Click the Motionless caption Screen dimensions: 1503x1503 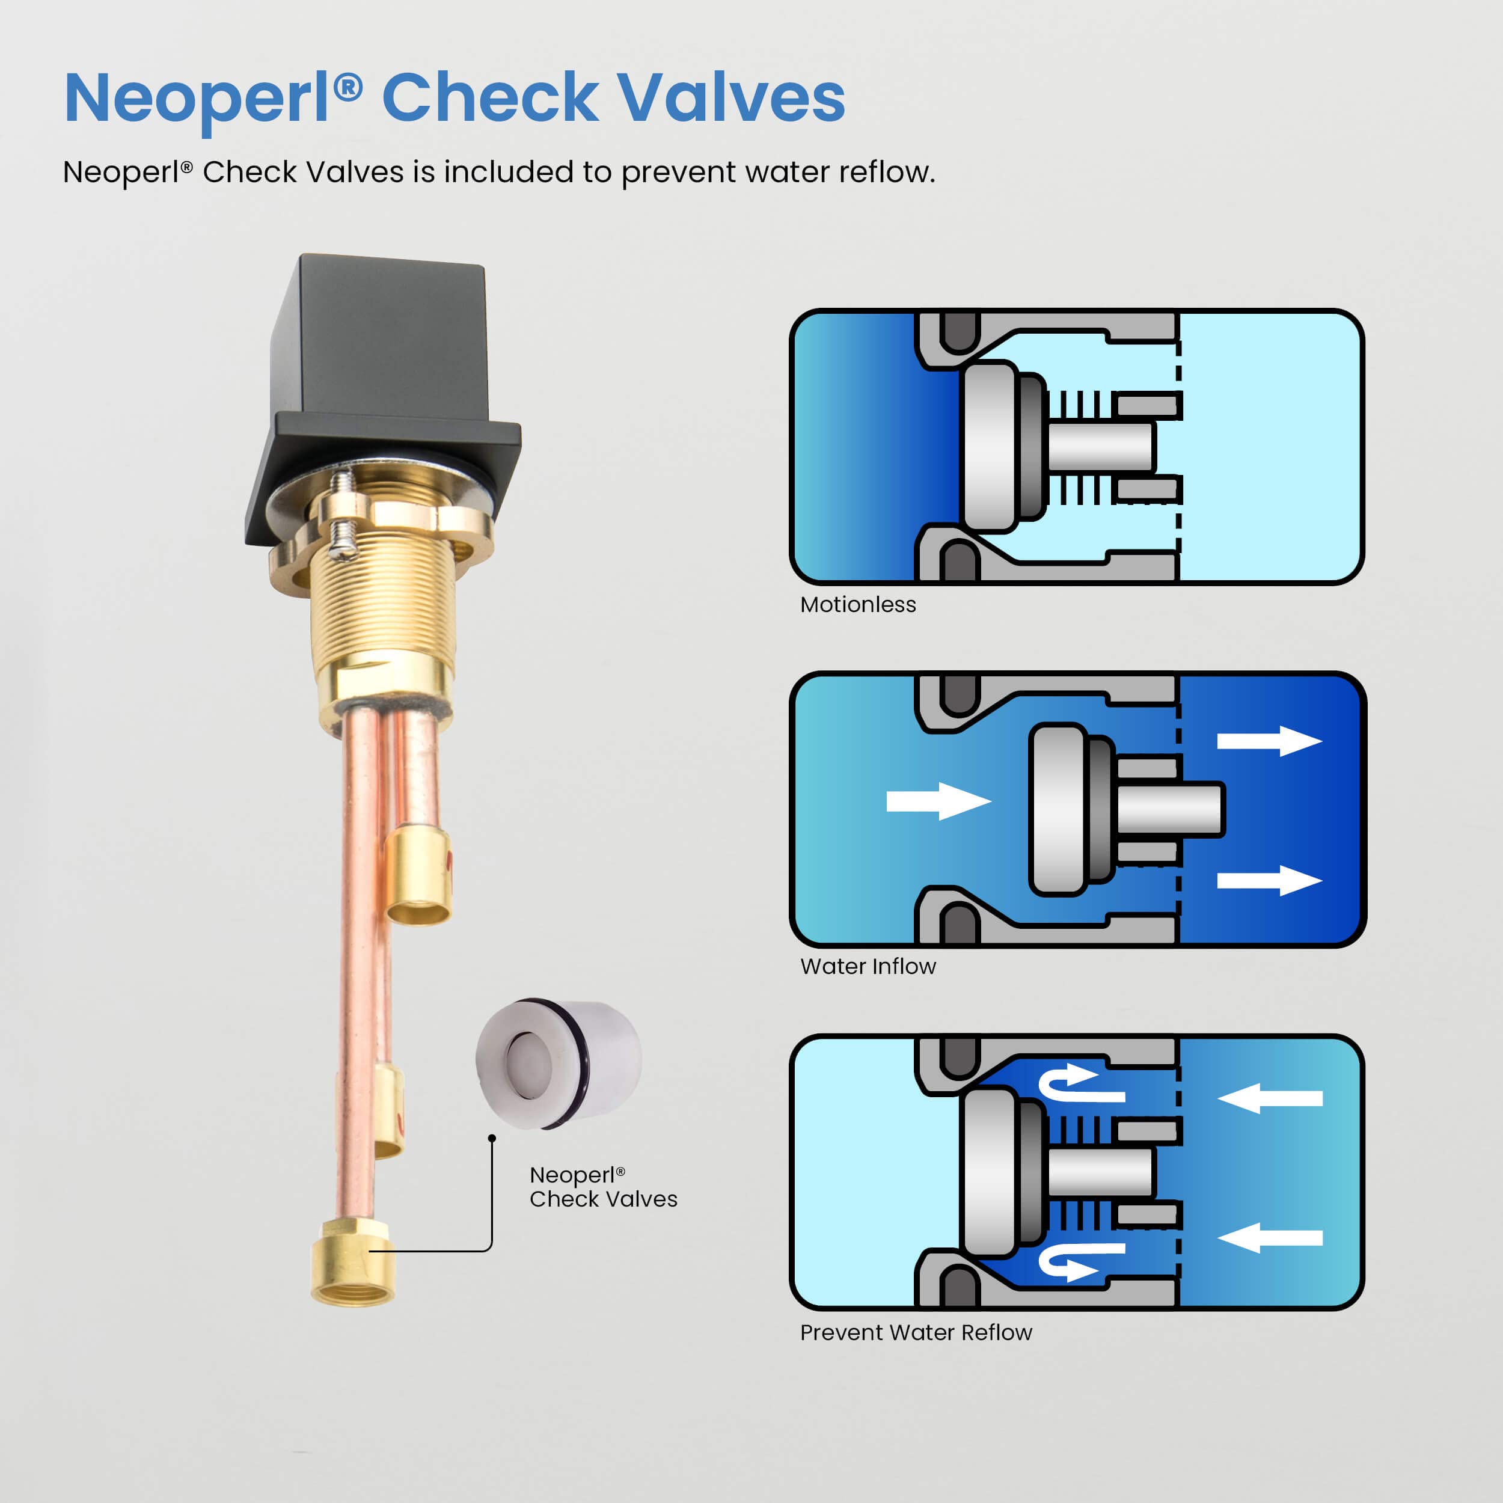tap(858, 604)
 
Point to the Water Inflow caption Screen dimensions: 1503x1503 tap(868, 966)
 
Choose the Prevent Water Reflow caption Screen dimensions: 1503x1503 tap(916, 1333)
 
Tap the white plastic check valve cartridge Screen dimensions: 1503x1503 tap(559, 1064)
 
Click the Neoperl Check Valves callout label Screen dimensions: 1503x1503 tap(603, 1187)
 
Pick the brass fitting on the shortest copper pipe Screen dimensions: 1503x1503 tap(419, 875)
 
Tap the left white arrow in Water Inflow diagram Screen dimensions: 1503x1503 tap(939, 801)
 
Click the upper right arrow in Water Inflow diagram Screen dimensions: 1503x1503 tap(1270, 741)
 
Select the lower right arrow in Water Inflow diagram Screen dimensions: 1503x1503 tap(1270, 881)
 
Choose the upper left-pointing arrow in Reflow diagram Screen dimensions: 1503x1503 tap(1270, 1098)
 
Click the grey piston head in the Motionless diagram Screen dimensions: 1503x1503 tap(990, 447)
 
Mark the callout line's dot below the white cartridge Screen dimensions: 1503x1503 tap(492, 1138)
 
